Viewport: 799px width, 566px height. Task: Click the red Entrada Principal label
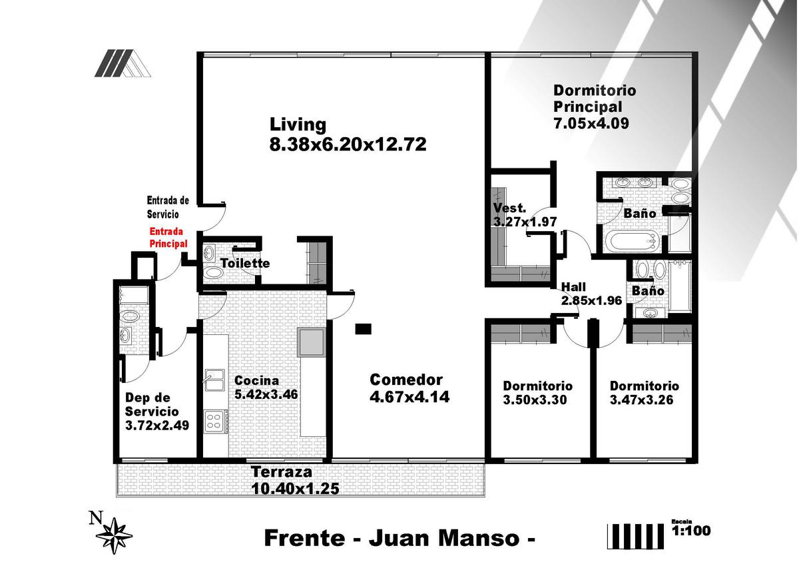168,238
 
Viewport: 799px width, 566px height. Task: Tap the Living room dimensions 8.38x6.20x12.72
348,144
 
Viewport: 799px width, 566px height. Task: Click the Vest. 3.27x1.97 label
525,214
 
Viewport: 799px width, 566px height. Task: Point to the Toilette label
245,263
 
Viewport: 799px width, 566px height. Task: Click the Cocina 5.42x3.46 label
266,388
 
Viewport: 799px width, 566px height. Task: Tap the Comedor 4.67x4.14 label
409,388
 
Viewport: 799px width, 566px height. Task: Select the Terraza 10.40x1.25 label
295,480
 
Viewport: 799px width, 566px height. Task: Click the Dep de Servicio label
156,412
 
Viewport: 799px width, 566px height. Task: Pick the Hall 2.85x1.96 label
591,294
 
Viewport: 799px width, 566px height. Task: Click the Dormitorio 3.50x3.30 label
537,393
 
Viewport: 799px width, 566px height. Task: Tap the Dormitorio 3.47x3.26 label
645,393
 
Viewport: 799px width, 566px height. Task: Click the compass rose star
114,535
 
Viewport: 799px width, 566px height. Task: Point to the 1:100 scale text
691,530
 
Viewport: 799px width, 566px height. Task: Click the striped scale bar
635,536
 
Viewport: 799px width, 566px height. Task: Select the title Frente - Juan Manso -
400,538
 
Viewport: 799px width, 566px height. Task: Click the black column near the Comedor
363,329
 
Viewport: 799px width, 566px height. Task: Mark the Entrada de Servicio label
168,207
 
